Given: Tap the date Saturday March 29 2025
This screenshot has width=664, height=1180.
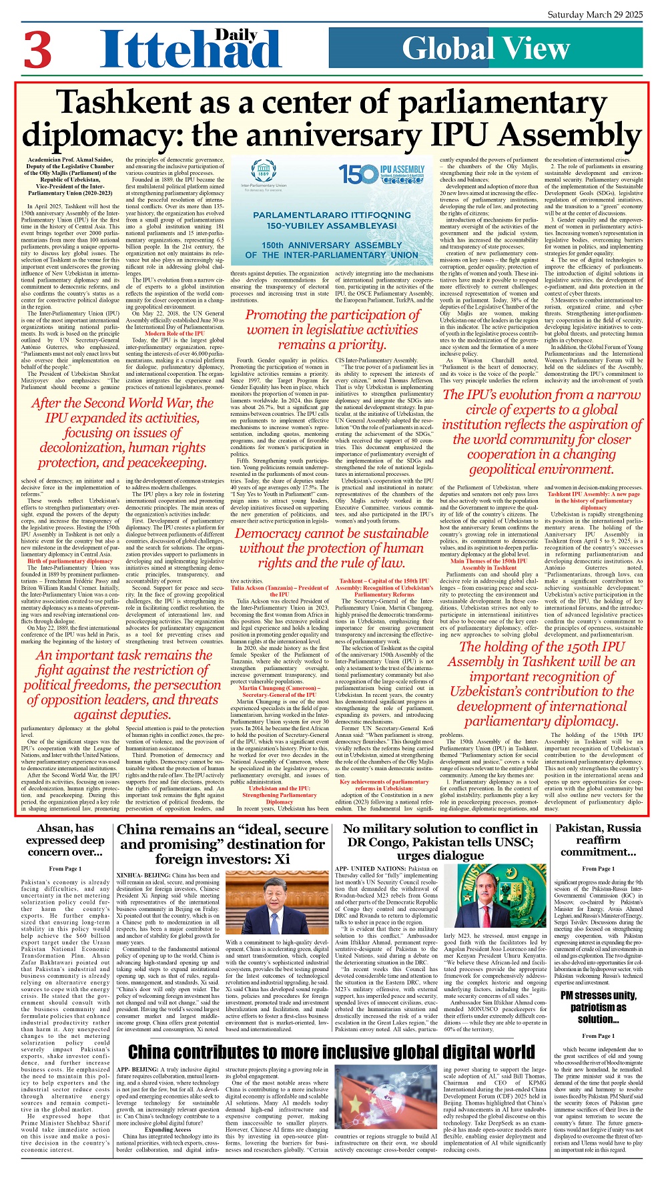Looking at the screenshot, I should tap(595, 14).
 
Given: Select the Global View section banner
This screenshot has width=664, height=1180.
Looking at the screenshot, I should tap(485, 49).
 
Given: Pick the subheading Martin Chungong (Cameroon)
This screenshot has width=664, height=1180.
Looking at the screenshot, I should tap(279, 691).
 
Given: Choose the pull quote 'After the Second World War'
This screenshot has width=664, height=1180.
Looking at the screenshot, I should tap(121, 432).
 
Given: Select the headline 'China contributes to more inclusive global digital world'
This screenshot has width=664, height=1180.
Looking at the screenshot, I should tap(331, 1053).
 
